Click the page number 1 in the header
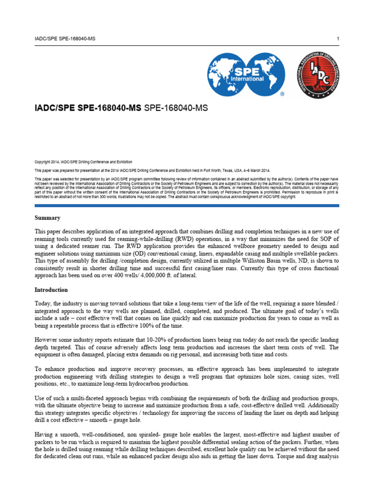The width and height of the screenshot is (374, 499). click(337, 38)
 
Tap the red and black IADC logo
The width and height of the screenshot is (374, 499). click(318, 75)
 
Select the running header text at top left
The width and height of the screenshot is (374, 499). click(65, 38)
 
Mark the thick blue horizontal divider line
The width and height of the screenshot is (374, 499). click(187, 206)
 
